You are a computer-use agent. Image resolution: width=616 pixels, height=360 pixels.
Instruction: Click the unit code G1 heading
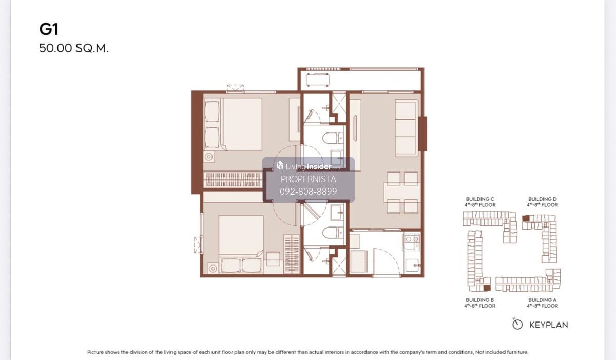point(49,29)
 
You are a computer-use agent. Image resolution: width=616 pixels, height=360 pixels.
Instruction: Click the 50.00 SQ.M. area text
point(74,48)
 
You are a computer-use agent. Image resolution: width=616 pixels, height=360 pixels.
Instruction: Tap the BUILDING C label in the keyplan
point(480,199)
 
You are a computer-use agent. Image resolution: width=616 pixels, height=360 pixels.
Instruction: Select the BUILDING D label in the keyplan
point(542,199)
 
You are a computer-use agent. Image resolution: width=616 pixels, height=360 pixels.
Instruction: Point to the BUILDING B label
point(479,300)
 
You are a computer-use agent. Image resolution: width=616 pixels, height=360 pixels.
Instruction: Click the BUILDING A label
point(542,300)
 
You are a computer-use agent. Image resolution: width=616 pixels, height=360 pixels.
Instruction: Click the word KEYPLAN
point(549,325)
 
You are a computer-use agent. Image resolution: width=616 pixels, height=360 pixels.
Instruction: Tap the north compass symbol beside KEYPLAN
point(517,324)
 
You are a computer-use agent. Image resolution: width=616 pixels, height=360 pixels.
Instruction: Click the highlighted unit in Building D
point(526,218)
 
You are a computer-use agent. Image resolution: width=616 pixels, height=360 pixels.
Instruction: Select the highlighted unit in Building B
point(487,288)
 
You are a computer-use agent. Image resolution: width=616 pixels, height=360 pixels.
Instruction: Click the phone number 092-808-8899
point(309,192)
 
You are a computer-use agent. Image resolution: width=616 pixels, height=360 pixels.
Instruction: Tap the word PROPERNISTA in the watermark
point(309,179)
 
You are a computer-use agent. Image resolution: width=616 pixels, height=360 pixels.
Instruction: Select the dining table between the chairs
point(402,192)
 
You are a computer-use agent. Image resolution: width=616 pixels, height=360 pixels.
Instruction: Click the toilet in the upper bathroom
point(333,138)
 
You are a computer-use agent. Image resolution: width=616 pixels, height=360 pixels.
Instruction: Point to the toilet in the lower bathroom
point(333,233)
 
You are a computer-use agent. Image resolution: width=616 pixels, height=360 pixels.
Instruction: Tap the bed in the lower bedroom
point(241,244)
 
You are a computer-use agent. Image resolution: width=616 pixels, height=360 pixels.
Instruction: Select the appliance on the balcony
point(318,80)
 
